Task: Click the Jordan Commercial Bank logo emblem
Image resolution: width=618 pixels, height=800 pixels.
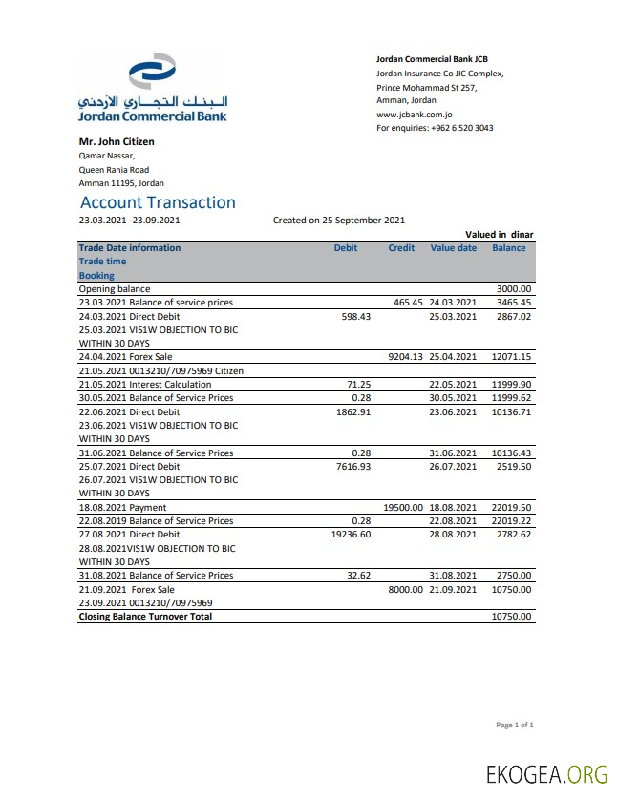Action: point(152,74)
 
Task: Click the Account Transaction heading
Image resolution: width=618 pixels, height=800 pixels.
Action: point(158,202)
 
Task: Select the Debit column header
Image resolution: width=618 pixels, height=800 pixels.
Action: point(346,248)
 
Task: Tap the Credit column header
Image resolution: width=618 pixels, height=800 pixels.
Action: point(401,248)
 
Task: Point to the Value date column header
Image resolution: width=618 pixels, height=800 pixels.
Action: point(453,248)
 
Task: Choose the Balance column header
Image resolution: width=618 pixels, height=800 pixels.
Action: point(508,248)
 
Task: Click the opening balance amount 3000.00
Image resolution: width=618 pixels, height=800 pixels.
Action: point(514,288)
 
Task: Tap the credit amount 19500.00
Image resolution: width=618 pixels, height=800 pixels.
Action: point(402,508)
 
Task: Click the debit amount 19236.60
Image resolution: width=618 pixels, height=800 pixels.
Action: point(350,535)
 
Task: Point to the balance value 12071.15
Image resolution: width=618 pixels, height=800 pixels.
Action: point(511,357)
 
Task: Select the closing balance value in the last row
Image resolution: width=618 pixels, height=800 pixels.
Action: point(511,617)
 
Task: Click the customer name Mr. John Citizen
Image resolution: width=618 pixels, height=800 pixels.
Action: point(116,141)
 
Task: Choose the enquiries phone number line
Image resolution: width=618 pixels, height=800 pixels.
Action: point(435,128)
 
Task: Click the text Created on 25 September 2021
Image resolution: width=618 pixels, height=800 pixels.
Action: point(339,220)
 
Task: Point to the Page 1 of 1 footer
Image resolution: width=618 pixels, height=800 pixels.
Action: point(515,726)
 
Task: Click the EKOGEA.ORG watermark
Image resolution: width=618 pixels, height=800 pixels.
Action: point(546,773)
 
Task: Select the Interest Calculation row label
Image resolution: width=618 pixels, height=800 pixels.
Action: point(144,384)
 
